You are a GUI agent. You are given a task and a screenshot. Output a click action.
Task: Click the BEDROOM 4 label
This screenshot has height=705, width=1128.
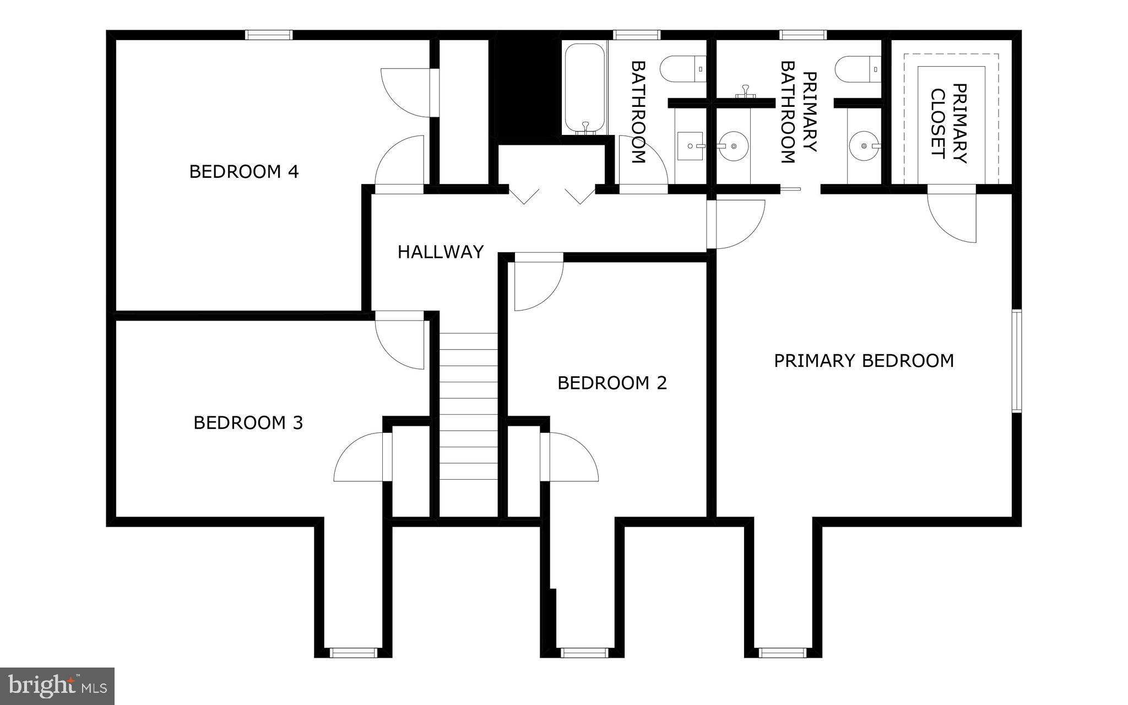coord(243,172)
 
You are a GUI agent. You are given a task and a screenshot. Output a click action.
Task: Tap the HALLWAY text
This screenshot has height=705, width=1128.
coord(440,252)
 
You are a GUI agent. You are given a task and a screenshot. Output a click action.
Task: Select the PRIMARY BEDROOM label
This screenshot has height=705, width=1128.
coord(863,361)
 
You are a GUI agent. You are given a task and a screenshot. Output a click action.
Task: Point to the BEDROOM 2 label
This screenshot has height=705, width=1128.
coord(612,383)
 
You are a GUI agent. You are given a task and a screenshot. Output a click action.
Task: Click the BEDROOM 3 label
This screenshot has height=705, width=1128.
coord(248,423)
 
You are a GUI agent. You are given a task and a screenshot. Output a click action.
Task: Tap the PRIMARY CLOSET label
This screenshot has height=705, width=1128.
coord(948,123)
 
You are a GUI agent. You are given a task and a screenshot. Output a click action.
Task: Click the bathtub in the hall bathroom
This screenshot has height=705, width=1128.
coord(584,87)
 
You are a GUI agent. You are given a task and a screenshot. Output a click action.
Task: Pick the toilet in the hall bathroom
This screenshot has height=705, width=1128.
coord(682,69)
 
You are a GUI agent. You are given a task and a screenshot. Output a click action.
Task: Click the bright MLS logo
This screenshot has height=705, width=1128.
coord(57,686)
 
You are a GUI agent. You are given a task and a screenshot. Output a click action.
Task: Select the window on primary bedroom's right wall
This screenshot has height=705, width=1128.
coord(1017,361)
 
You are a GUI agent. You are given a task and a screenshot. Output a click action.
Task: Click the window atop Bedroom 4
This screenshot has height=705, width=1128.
coord(268,35)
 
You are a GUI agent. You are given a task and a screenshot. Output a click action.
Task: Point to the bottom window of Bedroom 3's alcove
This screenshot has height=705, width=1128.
coord(353,653)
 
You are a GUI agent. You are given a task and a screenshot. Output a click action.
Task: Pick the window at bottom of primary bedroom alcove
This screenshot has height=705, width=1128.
coord(782,653)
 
